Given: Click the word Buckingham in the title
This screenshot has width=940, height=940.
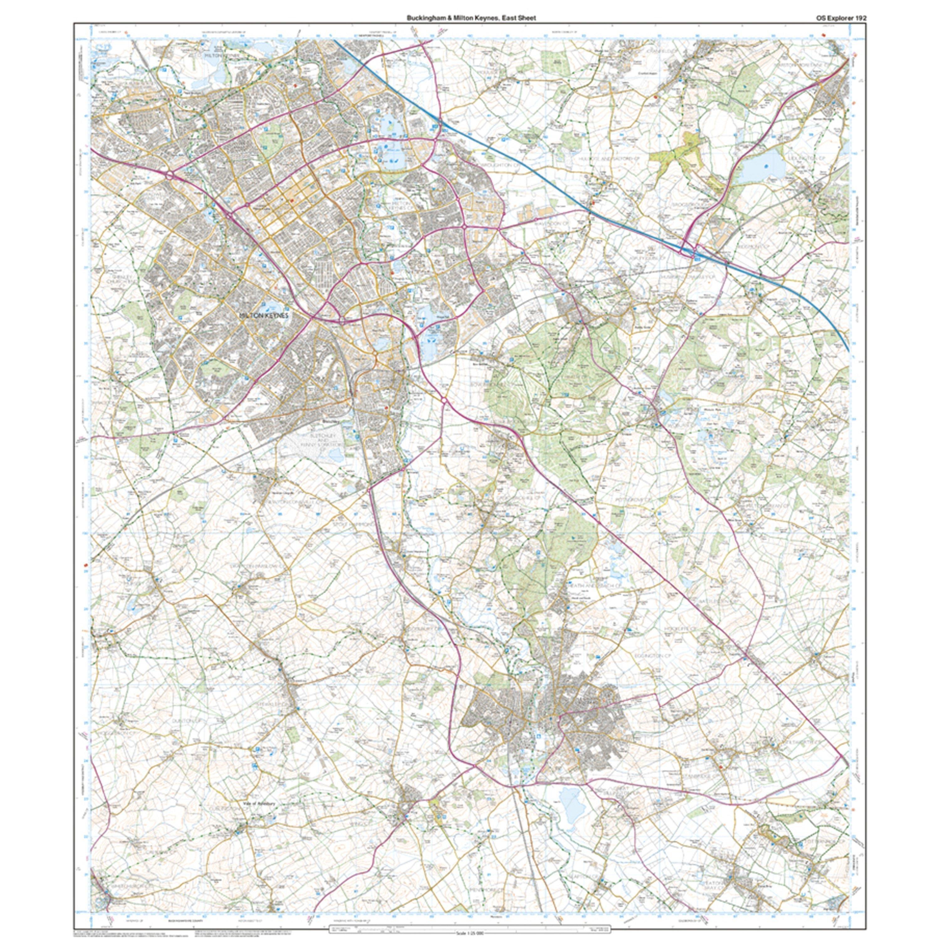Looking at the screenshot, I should (424, 18).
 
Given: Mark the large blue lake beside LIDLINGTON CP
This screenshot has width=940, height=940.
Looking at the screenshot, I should (762, 166).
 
